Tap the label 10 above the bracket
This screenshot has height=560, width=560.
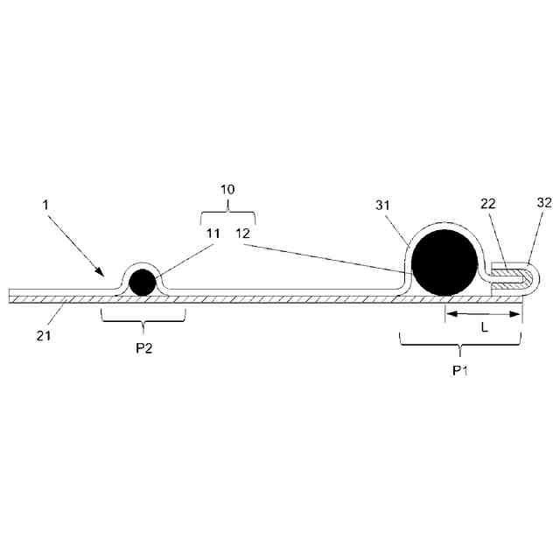[x=227, y=189]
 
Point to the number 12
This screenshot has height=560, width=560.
[x=243, y=234]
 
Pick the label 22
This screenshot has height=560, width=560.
[x=488, y=229]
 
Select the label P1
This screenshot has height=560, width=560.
[x=460, y=370]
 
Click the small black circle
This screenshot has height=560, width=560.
[x=142, y=283]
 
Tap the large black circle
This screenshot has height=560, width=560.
[x=446, y=262]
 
